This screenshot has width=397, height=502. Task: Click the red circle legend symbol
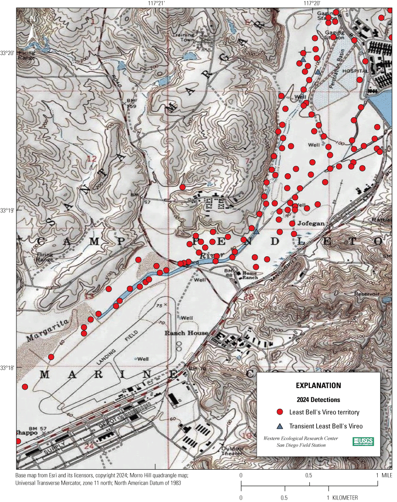[279, 412]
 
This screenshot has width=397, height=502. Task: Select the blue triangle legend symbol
[279, 426]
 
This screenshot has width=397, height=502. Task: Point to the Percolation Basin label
[344, 56]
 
